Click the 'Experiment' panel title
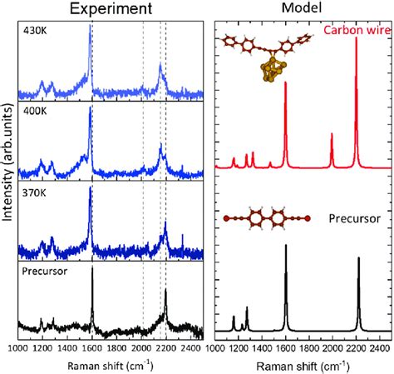point(110,11)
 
